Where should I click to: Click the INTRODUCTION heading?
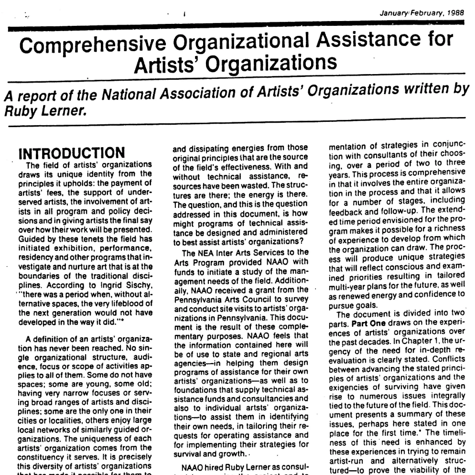coord(71,154)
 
